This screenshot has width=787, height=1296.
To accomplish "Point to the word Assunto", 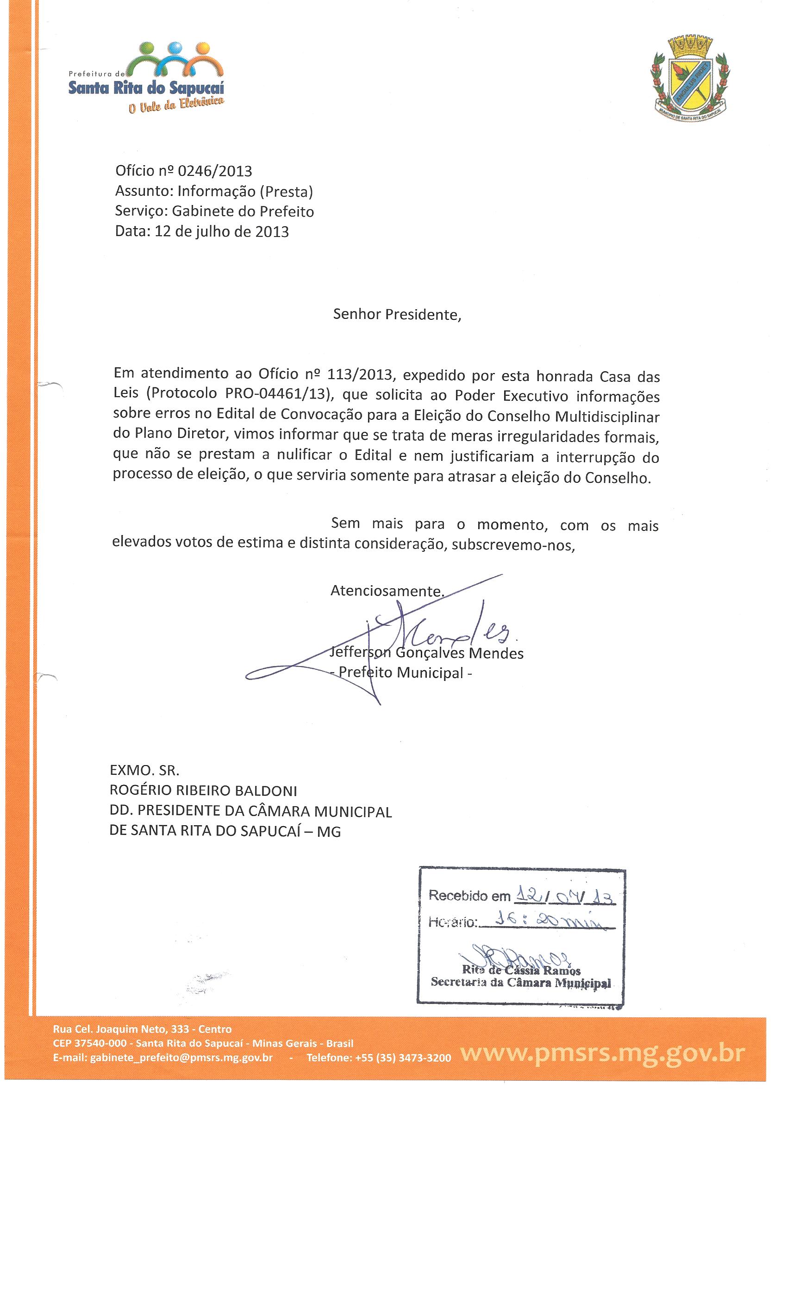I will (143, 192).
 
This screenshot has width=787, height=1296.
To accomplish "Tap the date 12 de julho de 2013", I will (221, 231).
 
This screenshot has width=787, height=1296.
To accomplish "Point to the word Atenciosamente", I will (386, 591).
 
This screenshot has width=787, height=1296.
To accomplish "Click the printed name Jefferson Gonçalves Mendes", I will (426, 653).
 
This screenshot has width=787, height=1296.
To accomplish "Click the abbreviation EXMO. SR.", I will (144, 771).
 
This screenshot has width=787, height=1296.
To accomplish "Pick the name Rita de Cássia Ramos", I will (521, 971).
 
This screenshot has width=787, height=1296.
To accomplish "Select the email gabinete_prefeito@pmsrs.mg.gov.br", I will (181, 1058).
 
